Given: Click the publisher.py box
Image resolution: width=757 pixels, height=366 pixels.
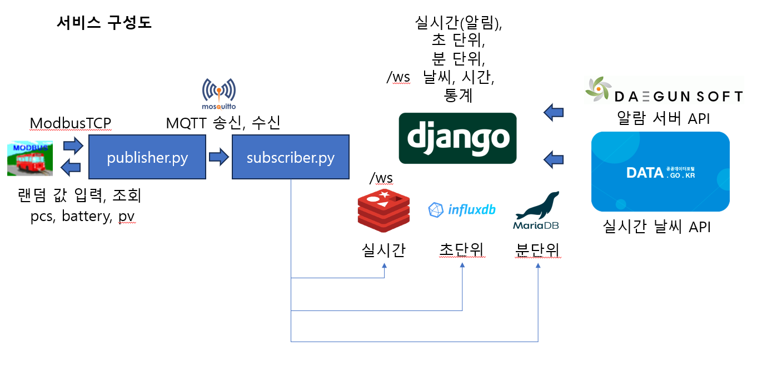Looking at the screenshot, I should tap(147, 157).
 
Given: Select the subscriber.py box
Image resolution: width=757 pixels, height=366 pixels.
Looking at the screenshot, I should tap(290, 157).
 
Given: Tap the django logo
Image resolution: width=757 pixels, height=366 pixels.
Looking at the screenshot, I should tap(458, 138).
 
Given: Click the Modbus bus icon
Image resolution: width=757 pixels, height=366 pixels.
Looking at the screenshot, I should tap(31, 158).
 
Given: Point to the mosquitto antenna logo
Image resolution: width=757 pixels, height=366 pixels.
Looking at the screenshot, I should tap(219, 93).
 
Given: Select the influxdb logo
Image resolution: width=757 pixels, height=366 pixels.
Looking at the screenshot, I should tap(462, 209).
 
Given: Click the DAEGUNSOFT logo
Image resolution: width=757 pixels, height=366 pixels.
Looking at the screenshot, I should tap(664, 92).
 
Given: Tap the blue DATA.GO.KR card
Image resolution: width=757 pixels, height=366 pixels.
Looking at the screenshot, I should tap(660, 172).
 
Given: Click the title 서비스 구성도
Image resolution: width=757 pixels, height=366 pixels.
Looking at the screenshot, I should tap(104, 23).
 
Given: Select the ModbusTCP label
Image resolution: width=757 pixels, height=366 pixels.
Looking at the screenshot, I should tap(71, 123).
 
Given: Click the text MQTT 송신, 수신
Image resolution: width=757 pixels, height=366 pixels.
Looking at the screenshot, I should tap(223, 123).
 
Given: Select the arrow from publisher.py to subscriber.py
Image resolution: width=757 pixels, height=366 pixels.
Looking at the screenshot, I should tap(218, 157).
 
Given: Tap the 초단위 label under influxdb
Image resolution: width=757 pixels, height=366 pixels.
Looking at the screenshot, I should tap(462, 250).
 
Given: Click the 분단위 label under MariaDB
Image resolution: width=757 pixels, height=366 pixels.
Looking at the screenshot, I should tap(537, 250).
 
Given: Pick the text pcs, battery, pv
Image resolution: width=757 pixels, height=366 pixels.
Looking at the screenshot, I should tap(83, 216).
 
